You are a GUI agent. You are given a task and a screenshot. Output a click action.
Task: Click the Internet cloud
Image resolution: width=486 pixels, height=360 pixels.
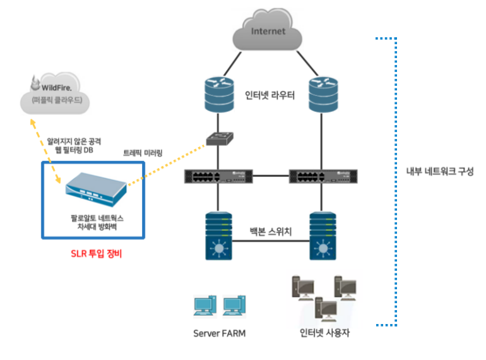point(268,32)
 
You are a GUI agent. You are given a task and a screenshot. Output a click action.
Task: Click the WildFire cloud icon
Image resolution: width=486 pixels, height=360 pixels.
point(56,92)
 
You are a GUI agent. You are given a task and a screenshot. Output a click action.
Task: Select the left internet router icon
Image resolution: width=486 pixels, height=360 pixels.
point(218,92)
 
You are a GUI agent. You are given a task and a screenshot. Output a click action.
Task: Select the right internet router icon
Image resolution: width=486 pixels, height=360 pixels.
point(323,92)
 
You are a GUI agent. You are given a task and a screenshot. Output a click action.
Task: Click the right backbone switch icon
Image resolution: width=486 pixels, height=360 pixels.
point(323,236)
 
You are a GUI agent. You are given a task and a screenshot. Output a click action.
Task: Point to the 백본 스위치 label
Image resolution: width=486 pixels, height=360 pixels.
point(270,232)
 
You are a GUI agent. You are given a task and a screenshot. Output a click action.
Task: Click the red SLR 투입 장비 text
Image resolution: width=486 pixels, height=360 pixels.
point(93,255)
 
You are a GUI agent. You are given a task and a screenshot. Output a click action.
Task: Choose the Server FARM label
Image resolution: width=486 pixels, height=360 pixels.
point(219,333)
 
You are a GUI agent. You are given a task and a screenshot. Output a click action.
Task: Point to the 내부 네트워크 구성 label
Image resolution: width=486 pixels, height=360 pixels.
point(439,171)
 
